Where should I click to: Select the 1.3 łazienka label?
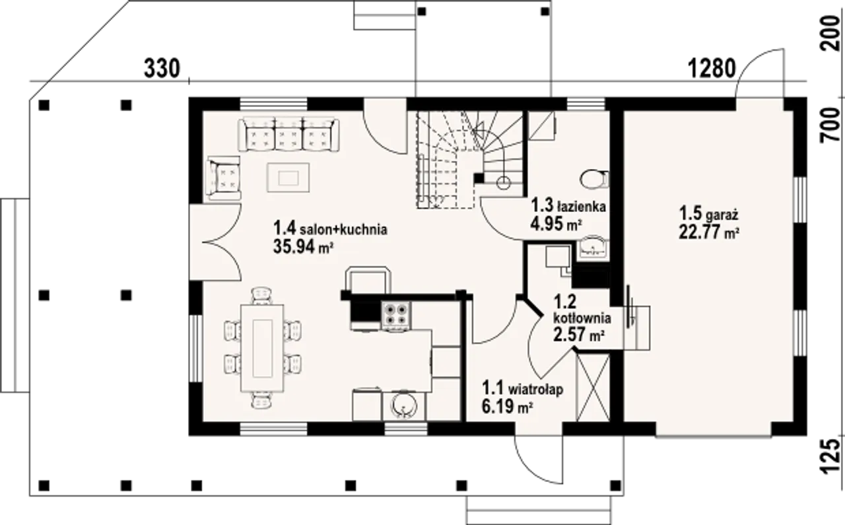click(568, 205)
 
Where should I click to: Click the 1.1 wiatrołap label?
click(522, 388)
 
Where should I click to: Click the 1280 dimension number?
click(712, 69)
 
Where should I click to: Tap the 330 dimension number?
click(162, 69)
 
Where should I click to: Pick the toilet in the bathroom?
click(594, 179)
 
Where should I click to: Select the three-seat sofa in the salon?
click(289, 134)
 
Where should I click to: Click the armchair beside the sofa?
click(224, 178)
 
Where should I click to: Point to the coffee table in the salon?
click(288, 178)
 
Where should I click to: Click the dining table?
click(263, 348)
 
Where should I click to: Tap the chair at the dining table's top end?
click(262, 296)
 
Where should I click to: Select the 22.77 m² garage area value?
click(709, 231)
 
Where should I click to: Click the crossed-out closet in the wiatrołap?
click(593, 388)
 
